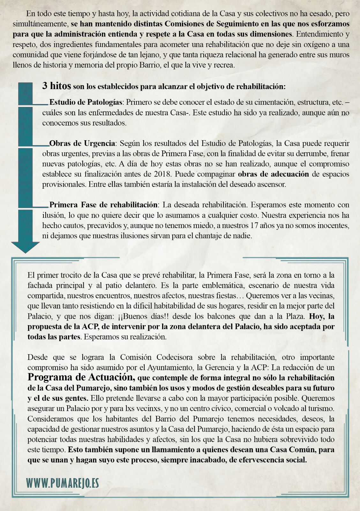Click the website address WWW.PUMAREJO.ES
click(x=63, y=483)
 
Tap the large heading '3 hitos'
click(x=56, y=86)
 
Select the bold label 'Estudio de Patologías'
click(x=86, y=102)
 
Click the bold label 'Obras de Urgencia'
click(x=82, y=143)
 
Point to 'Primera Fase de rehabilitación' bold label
click(x=103, y=205)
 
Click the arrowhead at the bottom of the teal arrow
click(x=25, y=247)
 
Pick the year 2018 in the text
click(x=162, y=174)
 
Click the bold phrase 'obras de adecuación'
click(x=274, y=174)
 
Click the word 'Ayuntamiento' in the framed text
click(x=170, y=367)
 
